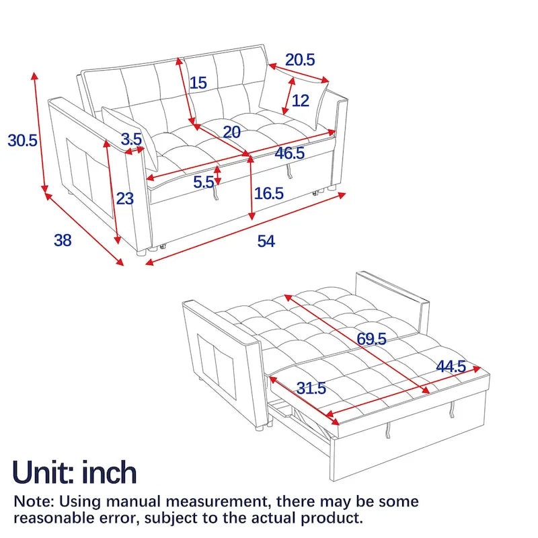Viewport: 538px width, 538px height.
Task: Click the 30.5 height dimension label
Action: (22, 141)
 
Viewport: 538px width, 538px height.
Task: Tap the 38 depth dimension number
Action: (63, 239)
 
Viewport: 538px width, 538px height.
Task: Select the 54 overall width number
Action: (266, 241)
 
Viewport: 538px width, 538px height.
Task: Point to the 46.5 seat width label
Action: (290, 153)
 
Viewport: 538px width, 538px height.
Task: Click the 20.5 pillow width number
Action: (300, 59)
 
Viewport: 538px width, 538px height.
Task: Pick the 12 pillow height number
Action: (301, 101)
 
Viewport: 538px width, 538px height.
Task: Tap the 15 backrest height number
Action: (198, 83)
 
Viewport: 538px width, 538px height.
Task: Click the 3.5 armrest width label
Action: (131, 140)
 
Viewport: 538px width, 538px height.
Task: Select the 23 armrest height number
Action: (125, 198)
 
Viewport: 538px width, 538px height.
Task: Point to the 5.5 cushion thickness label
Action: (203, 181)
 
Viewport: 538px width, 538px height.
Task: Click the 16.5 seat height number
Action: (269, 194)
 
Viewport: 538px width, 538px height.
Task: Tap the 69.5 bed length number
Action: (371, 339)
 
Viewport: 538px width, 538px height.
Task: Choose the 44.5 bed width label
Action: (451, 367)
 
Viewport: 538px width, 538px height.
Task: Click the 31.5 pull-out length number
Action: (311, 388)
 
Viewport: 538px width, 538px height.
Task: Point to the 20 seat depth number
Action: (231, 132)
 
